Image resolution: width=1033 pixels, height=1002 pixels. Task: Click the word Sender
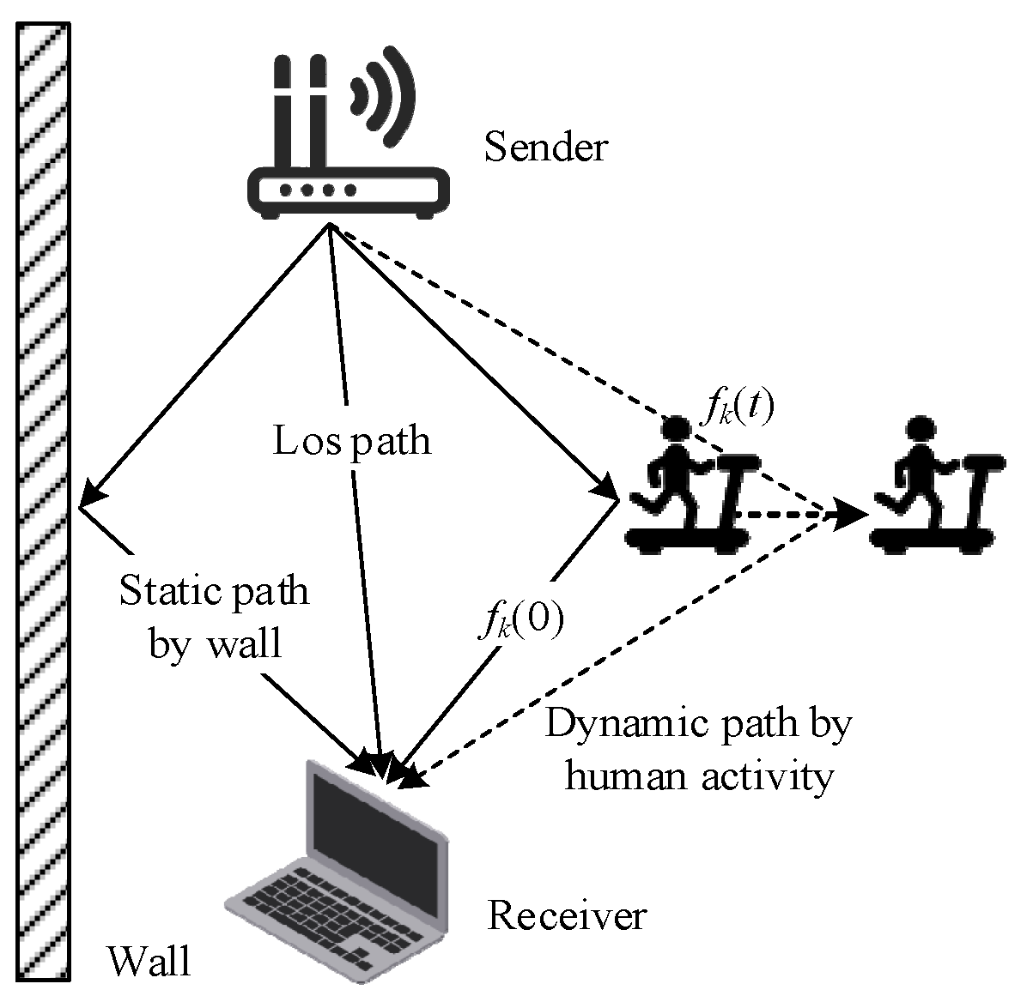[x=545, y=147]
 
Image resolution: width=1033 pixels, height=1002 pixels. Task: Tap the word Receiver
[x=566, y=915]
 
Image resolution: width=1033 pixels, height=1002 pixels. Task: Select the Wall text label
[x=149, y=961]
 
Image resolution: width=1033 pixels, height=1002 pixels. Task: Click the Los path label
[x=352, y=441]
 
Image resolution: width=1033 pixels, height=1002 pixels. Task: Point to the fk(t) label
[x=736, y=410]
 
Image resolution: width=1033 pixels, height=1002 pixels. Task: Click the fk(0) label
[x=520, y=621]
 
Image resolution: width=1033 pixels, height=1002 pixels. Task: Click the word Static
[x=163, y=591]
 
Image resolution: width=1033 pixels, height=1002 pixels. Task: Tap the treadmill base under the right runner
[x=933, y=540]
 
